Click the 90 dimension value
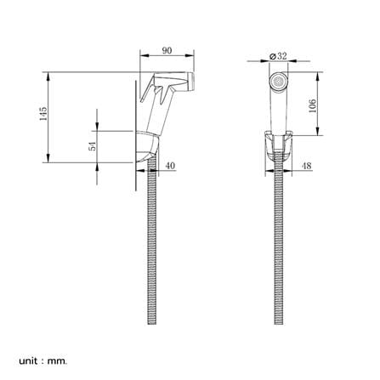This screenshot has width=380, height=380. pyautogui.click(x=167, y=50)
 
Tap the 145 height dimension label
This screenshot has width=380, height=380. pyautogui.click(x=43, y=114)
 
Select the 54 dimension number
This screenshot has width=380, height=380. pyautogui.click(x=93, y=146)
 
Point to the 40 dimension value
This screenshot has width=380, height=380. pyautogui.click(x=170, y=166)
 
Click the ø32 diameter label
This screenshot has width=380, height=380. pyautogui.click(x=278, y=56)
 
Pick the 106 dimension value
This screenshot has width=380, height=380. pyautogui.click(x=312, y=106)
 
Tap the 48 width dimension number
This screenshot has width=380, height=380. pyautogui.click(x=306, y=166)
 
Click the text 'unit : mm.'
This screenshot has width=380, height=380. pyautogui.click(x=43, y=354)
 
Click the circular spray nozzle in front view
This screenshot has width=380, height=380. pyautogui.click(x=278, y=82)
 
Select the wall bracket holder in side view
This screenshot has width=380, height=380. pyautogui.click(x=146, y=147)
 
